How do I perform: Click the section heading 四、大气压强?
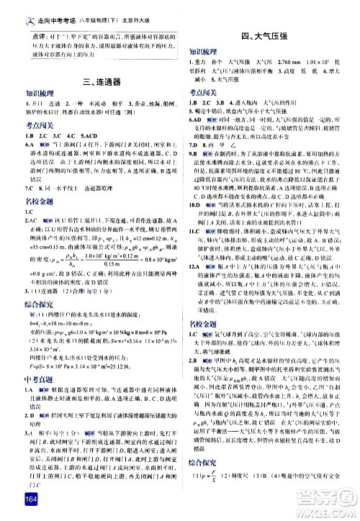pos(267,35)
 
